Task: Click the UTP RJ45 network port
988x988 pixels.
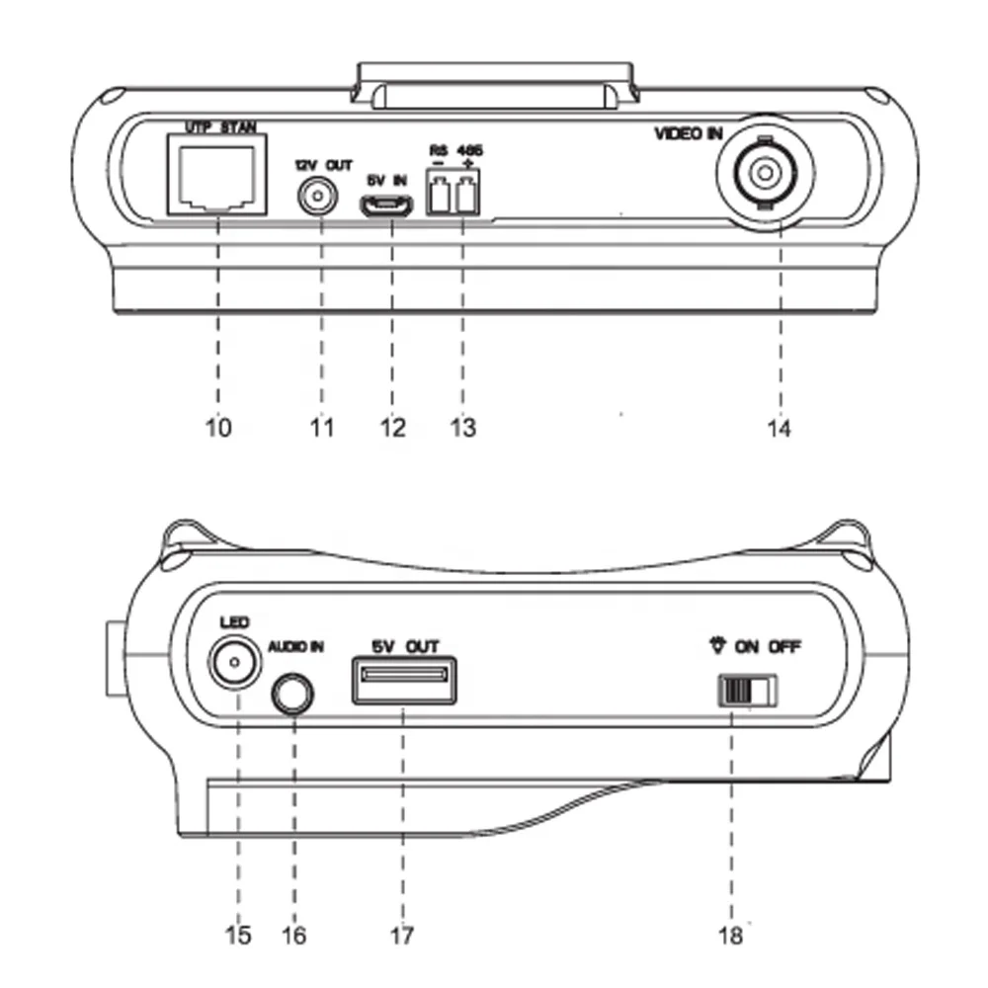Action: click(217, 176)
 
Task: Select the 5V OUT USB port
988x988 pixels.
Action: click(404, 680)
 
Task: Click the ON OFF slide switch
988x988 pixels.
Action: click(747, 690)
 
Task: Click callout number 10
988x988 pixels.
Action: click(218, 428)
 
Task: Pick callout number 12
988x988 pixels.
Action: click(391, 428)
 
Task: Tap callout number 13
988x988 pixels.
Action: click(461, 428)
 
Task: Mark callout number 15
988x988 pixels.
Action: click(236, 934)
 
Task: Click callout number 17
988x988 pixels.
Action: click(399, 934)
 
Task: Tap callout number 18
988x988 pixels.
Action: click(730, 934)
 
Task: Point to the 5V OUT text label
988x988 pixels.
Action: click(404, 646)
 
